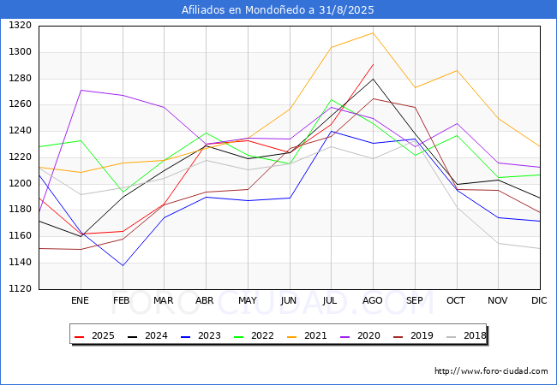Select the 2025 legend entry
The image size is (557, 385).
95,335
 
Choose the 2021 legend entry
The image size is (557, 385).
308,335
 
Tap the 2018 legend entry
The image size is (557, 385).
466,335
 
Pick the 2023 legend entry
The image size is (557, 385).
201,335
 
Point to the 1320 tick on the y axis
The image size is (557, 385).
20,26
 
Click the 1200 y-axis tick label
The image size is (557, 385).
20,184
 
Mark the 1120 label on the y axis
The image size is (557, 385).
20,289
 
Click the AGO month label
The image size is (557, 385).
372,300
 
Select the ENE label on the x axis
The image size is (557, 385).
80,300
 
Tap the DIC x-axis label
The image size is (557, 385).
539,300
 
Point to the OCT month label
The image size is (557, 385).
456,300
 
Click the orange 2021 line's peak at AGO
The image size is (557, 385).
373,33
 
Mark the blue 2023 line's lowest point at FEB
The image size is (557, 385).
123,265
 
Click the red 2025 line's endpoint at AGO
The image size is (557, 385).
373,64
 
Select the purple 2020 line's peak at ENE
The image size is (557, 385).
81,90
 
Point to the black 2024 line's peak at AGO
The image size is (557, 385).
373,79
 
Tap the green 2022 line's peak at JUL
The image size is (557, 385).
332,99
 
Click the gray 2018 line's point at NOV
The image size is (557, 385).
499,243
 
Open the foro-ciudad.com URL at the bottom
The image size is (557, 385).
491,371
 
